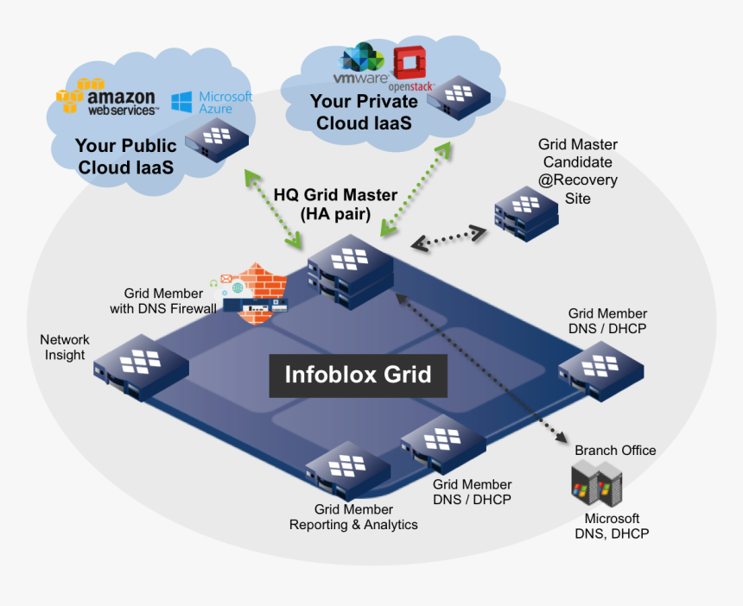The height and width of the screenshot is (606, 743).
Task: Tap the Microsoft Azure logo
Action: coord(212,103)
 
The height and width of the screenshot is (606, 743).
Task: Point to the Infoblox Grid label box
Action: coord(358,376)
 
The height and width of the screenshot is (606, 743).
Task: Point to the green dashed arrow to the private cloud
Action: coord(416,187)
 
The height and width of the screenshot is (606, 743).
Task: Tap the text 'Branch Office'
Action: coord(615,451)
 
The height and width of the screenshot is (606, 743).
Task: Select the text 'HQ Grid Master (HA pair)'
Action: coord(335,205)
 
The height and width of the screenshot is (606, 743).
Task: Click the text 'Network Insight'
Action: coord(65,348)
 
